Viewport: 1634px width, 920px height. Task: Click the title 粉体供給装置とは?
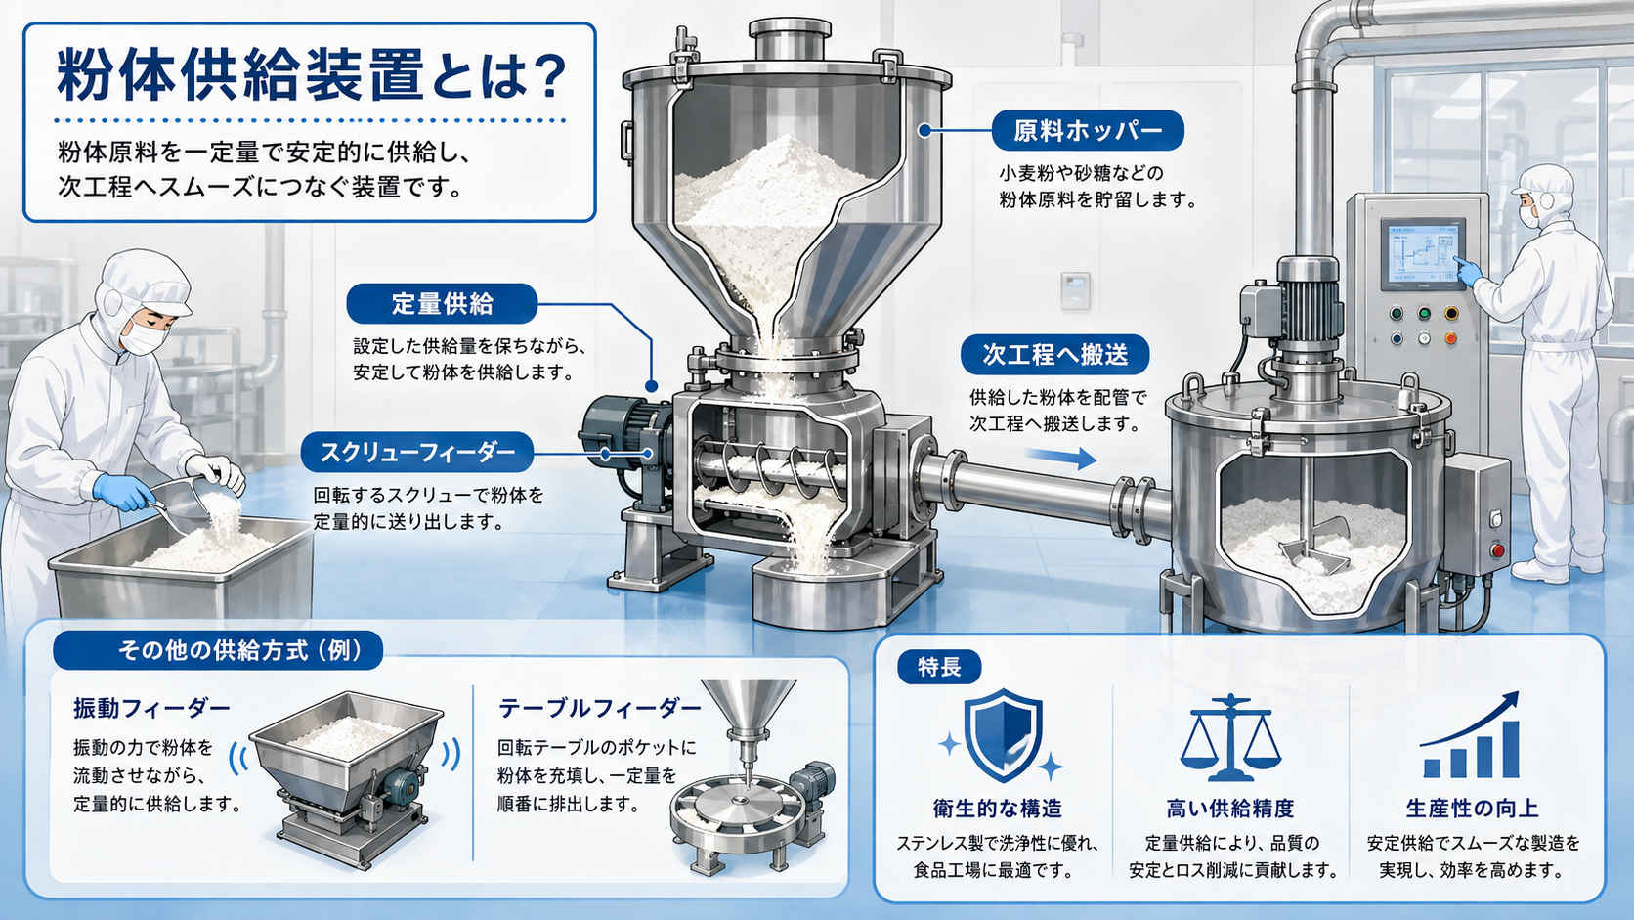pyautogui.click(x=312, y=76)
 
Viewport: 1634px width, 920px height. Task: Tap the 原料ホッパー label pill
pyautogui.click(x=1088, y=131)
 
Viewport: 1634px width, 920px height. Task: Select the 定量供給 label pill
pyautogui.click(x=442, y=303)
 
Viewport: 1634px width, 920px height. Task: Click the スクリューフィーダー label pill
pyautogui.click(x=417, y=453)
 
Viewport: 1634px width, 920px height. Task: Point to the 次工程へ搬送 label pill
pyautogui.click(x=1054, y=355)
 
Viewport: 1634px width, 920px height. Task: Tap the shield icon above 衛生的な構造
pyautogui.click(x=1003, y=735)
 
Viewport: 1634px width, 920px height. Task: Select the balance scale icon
pyautogui.click(x=1229, y=737)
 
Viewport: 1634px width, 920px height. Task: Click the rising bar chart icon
pyautogui.click(x=1470, y=735)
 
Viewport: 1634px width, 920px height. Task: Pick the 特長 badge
pyautogui.click(x=939, y=667)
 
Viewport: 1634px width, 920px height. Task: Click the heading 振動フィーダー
pyautogui.click(x=151, y=708)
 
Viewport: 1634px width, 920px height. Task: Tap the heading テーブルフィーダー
pyautogui.click(x=599, y=708)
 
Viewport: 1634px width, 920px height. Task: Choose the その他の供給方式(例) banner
pyautogui.click(x=218, y=650)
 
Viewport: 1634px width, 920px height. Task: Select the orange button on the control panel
pyautogui.click(x=1450, y=338)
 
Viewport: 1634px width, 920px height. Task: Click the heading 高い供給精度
pyautogui.click(x=1229, y=809)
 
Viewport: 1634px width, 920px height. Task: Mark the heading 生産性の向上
pyautogui.click(x=1472, y=809)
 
